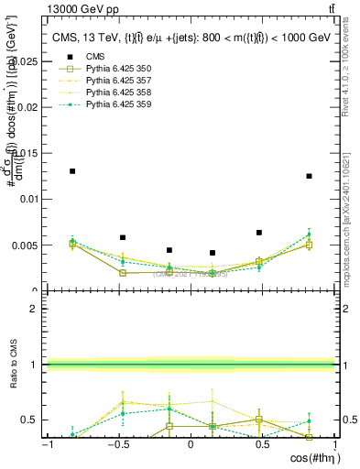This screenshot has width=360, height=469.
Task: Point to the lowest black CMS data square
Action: click(213, 253)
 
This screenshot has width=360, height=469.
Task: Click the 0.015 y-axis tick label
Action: click(25, 153)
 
